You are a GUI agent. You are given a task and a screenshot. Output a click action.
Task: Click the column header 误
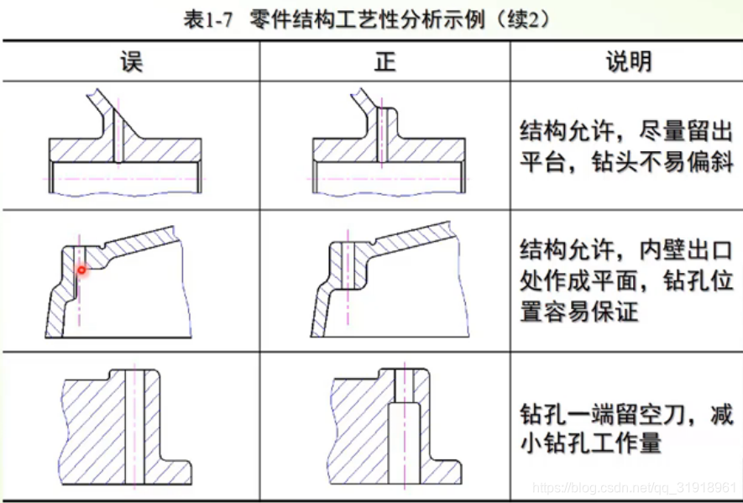pyautogui.click(x=131, y=61)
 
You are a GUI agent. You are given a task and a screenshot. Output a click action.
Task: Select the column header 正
pyautogui.click(x=385, y=61)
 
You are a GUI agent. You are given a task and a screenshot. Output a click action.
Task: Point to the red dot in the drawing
pyautogui.click(x=82, y=270)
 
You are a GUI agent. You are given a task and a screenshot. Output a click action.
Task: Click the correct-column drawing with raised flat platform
pyautogui.click(x=385, y=143)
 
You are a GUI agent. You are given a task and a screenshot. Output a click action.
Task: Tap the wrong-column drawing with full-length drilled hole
pyautogui.click(x=126, y=424)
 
